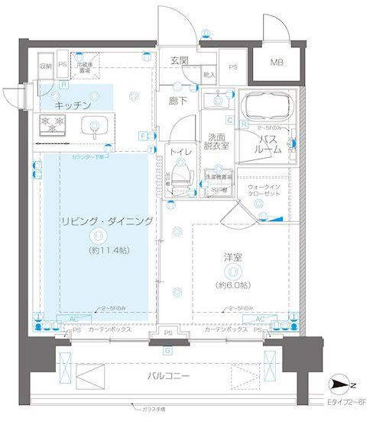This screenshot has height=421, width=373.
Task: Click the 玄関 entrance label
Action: [179, 60]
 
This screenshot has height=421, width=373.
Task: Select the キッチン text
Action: [74, 104]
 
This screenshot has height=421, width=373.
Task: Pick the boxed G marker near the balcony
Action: [167, 350]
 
